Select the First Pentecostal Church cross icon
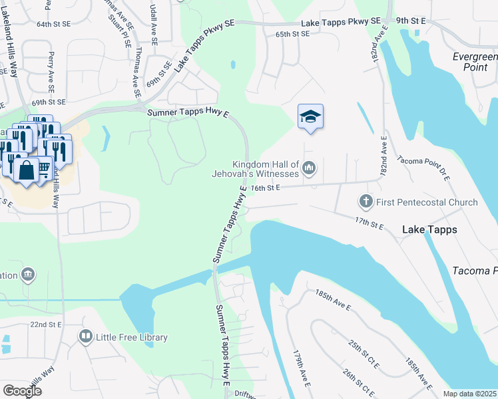tap(366, 201)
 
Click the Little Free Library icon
tap(86, 336)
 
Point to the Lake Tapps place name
tap(429, 229)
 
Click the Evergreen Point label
tap(475, 63)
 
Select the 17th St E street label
tap(370, 223)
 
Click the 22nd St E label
tap(46, 324)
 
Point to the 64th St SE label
tap(53, 24)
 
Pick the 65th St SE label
tap(292, 33)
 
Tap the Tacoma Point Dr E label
tap(423, 169)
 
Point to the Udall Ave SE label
tap(154, 23)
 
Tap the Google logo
tap(22, 390)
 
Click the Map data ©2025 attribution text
tap(469, 394)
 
